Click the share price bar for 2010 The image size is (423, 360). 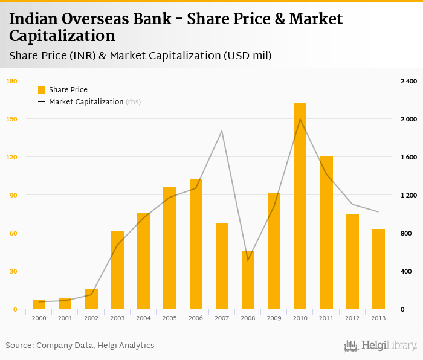point(300,206)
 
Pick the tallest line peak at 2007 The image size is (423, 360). point(222,131)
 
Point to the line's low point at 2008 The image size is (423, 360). point(248,260)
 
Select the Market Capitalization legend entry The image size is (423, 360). point(86,102)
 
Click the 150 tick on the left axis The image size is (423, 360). point(11,119)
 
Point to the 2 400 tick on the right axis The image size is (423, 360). point(408,81)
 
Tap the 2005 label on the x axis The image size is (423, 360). point(169,318)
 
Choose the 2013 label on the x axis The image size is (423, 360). point(378,318)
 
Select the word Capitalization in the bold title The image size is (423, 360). point(62,36)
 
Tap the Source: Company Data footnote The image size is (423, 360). point(80,346)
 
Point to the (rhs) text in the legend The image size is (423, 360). point(133,102)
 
